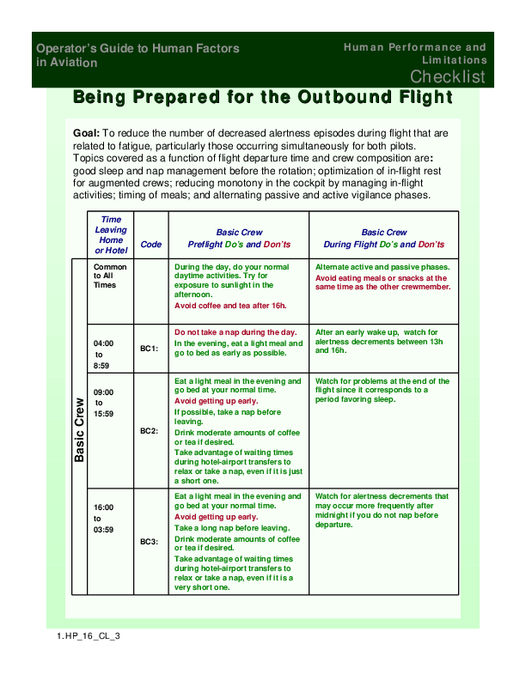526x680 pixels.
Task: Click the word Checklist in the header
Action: point(447,77)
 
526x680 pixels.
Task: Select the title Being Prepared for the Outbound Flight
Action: point(263,97)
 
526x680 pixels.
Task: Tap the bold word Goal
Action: point(86,134)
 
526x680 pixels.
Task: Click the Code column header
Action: point(150,245)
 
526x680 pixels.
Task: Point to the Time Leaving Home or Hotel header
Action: point(111,235)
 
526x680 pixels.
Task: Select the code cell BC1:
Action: point(149,349)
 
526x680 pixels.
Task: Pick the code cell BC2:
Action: point(149,430)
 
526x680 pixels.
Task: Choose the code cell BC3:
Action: point(149,542)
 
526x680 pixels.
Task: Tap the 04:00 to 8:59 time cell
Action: point(102,354)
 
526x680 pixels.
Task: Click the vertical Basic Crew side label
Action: point(80,430)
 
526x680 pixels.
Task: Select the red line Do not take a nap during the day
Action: point(235,332)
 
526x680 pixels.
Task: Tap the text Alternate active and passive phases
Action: point(382,267)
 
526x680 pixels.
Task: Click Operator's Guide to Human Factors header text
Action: point(138,56)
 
